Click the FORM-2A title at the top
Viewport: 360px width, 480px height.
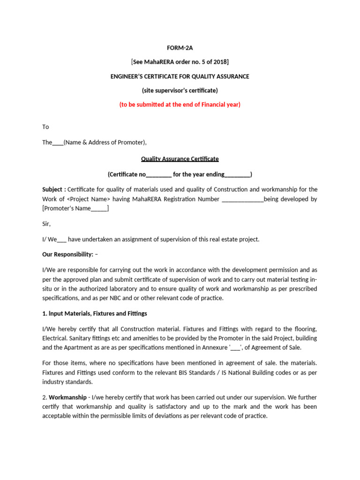pos(180,47)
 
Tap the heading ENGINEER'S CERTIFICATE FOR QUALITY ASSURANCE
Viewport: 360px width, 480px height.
pos(180,76)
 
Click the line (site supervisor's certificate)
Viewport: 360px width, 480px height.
pos(180,90)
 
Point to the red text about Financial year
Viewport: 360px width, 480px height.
pos(180,105)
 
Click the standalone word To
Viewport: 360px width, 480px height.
pos(45,127)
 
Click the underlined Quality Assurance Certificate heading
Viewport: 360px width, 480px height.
pos(180,159)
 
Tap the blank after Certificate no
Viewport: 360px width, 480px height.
pos(159,174)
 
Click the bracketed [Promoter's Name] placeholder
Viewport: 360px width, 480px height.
pos(75,209)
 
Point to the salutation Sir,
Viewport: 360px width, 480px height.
pos(46,224)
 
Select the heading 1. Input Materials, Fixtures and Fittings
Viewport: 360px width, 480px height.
pos(95,313)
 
